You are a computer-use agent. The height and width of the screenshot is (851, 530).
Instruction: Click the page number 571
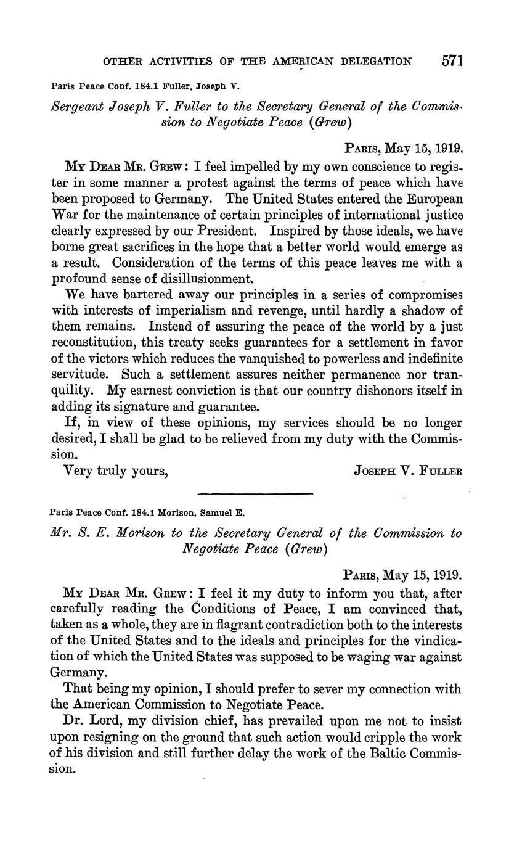coord(452,60)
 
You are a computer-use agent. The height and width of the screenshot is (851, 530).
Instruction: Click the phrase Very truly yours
coord(116,471)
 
